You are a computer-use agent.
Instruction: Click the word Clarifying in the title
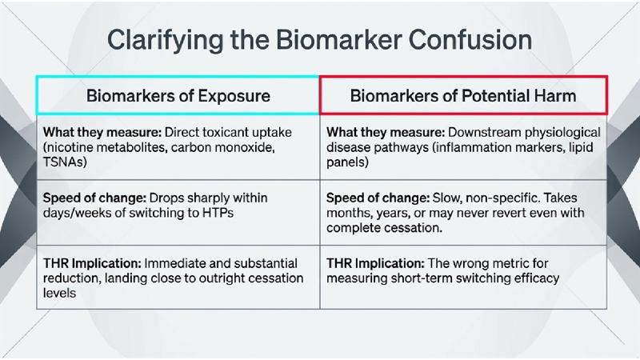coord(165,41)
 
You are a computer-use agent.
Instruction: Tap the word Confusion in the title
coord(470,39)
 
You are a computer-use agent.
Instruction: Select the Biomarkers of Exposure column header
coord(178,96)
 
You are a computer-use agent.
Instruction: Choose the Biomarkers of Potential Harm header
coord(463,96)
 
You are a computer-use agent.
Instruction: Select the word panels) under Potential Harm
coord(347,162)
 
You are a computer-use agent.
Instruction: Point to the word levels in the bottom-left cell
coord(59,293)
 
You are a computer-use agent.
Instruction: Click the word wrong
coord(474,264)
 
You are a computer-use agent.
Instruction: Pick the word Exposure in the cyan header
coord(234,96)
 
